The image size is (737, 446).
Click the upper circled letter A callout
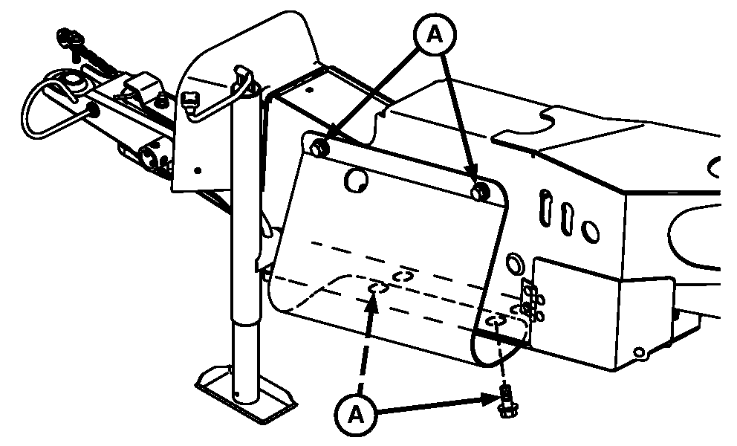(438, 35)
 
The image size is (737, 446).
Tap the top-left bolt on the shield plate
(316, 146)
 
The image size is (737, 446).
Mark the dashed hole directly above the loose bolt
(496, 320)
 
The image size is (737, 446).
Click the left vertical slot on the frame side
(547, 207)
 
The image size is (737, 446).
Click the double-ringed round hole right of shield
(514, 262)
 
